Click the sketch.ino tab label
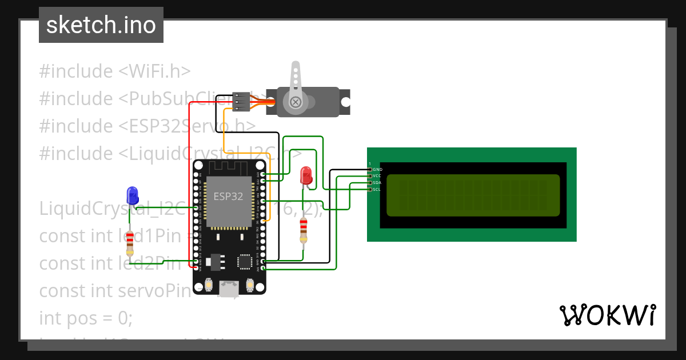tap(101, 25)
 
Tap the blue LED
tap(133, 195)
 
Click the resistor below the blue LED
tap(130, 243)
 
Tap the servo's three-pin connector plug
tap(242, 102)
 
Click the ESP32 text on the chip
tap(228, 197)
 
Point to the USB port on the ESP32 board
tap(230, 289)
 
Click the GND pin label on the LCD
tap(377, 170)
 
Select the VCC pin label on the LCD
tap(377, 176)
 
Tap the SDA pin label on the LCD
tap(377, 182)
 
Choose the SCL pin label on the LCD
tap(377, 189)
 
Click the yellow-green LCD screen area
tap(473, 195)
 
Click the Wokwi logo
tap(607, 315)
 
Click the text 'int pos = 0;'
tap(86, 318)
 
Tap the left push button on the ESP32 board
tap(209, 284)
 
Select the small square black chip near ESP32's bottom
tap(245, 261)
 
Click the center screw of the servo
tap(296, 102)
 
